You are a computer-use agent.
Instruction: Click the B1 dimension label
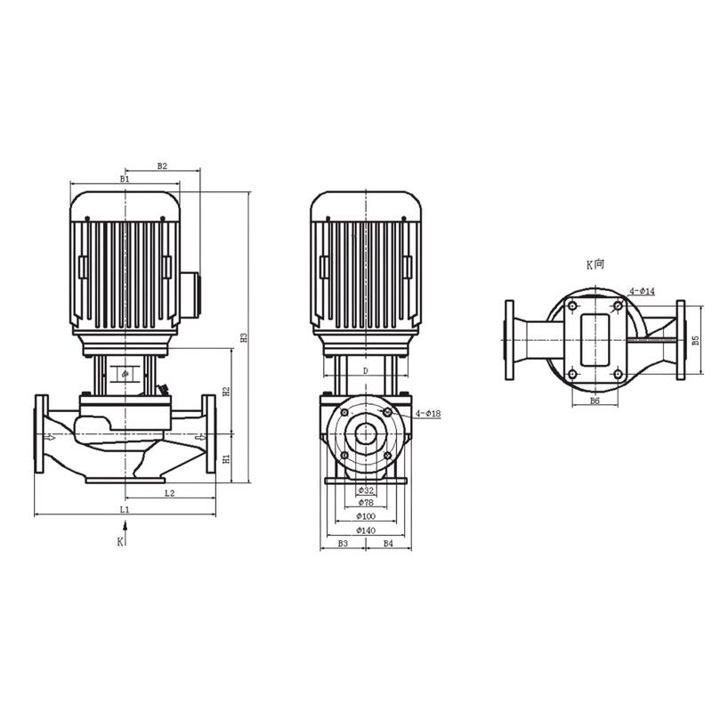125,179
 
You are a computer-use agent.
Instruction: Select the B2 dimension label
163,166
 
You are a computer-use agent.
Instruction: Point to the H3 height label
243,337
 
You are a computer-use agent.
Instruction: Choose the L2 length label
169,491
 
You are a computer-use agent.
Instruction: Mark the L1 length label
125,509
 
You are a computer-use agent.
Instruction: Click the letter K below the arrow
120,540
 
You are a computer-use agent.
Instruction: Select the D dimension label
365,369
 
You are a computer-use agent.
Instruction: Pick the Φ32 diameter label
365,490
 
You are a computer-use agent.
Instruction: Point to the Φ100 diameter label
365,517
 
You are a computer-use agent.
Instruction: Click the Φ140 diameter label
365,530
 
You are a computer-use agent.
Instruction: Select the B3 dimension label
343,543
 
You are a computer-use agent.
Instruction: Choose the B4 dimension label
388,543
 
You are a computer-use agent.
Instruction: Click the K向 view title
595,264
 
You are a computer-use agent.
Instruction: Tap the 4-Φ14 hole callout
643,291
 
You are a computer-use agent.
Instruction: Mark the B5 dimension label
696,340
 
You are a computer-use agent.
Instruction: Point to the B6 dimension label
595,401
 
